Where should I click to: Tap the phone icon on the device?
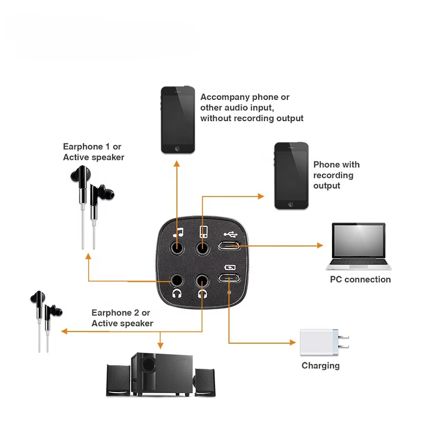point(202,232)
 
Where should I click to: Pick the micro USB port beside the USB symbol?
point(229,246)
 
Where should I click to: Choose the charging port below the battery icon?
point(229,279)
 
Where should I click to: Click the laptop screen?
point(358,242)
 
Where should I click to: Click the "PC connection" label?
point(360,279)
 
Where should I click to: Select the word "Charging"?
point(320,365)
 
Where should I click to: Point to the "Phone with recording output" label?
point(336,175)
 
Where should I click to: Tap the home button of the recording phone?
point(291,203)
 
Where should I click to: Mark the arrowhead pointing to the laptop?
point(320,245)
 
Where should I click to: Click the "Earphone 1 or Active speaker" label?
point(93,151)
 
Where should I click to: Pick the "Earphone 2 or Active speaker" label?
point(122,318)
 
